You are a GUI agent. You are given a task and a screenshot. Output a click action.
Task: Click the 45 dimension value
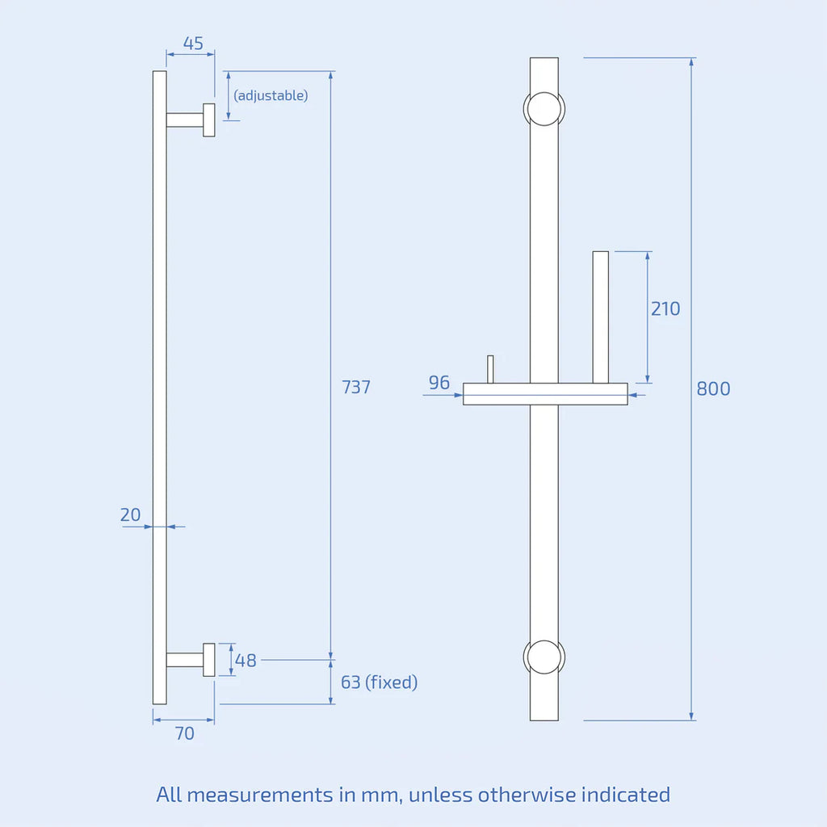pos(193,44)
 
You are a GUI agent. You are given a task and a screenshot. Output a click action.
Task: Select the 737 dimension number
pos(356,387)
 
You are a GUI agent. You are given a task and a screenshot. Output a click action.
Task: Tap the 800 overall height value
pos(713,388)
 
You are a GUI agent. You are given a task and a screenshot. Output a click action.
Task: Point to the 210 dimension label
pos(665,309)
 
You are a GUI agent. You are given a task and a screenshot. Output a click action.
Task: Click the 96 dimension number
pos(439,382)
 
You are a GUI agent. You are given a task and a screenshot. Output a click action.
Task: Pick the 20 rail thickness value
pos(130,514)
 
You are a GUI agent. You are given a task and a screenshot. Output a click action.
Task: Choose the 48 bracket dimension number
pos(246,661)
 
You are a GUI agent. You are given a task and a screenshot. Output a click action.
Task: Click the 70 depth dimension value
pos(185,733)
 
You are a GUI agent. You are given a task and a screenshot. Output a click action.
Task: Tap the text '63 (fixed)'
pos(379,682)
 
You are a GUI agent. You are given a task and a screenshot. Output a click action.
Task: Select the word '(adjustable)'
pos(271,95)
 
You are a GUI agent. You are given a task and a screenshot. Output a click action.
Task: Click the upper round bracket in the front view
pos(544,109)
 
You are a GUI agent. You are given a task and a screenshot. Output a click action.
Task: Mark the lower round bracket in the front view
pos(544,657)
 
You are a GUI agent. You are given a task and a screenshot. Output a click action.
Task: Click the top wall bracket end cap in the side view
pos(209,120)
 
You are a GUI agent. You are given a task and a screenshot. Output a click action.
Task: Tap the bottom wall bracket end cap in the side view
pos(209,660)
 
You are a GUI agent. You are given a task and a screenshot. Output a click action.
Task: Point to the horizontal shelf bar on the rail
pos(545,394)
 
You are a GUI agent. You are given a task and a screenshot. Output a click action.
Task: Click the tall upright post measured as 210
pos(600,317)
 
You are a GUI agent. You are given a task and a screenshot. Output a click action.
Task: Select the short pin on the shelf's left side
pos(490,369)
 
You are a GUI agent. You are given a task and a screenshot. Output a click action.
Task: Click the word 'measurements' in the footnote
pos(258,795)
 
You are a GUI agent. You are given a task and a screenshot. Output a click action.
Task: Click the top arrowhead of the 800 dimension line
pos(691,62)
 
